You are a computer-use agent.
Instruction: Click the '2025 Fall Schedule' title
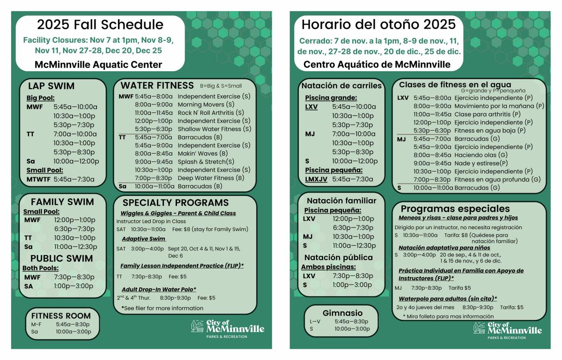[x=100, y=25]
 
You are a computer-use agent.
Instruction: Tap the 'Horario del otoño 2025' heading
[x=378, y=24]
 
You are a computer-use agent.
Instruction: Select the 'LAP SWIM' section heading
[x=51, y=86]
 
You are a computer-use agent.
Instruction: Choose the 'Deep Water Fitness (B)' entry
[x=211, y=178]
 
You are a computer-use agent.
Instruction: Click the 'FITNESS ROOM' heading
[x=61, y=315]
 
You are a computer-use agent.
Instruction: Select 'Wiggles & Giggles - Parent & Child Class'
[x=178, y=213]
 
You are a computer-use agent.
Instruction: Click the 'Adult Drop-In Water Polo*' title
[x=159, y=289]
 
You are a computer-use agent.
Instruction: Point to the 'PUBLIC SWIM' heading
[x=62, y=258]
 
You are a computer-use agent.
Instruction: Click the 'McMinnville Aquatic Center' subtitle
[x=98, y=65]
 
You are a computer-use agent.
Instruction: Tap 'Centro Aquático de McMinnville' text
[x=377, y=64]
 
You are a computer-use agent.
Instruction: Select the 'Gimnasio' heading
[x=342, y=313]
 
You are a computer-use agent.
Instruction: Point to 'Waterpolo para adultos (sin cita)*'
[x=448, y=299]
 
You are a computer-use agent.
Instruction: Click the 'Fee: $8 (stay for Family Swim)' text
[x=210, y=229]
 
